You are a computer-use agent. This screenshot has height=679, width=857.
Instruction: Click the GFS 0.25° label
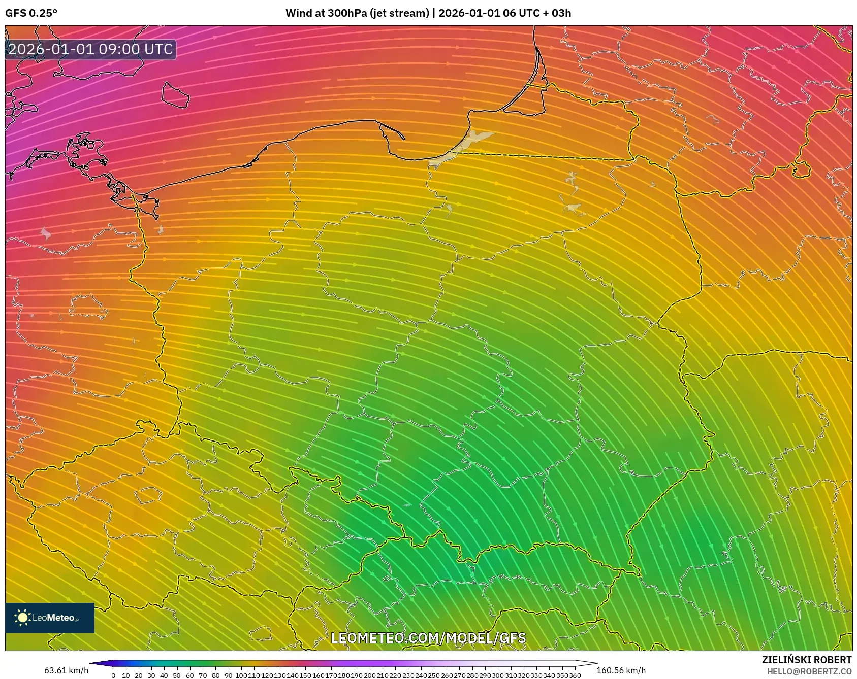click(31, 13)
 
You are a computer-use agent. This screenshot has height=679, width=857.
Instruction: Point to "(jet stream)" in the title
click(400, 13)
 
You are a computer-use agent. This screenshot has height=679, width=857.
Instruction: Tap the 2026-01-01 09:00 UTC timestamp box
click(90, 49)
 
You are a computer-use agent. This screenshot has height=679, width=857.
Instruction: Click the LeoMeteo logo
click(50, 618)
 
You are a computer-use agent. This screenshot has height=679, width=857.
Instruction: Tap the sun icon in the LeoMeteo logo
click(22, 618)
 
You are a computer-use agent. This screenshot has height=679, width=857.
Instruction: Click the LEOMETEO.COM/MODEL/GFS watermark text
click(428, 638)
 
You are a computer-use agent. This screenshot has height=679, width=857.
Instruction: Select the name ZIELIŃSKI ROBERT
click(806, 660)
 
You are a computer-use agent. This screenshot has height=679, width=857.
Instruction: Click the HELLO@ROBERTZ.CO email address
click(809, 671)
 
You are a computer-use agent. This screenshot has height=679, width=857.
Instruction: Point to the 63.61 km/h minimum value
click(66, 670)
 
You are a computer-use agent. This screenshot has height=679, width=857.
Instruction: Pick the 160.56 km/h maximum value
click(621, 670)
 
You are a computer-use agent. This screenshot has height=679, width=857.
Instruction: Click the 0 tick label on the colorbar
click(113, 675)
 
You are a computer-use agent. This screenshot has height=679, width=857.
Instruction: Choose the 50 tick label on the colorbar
click(177, 675)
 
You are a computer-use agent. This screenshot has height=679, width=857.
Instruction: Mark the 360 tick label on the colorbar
click(575, 675)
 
